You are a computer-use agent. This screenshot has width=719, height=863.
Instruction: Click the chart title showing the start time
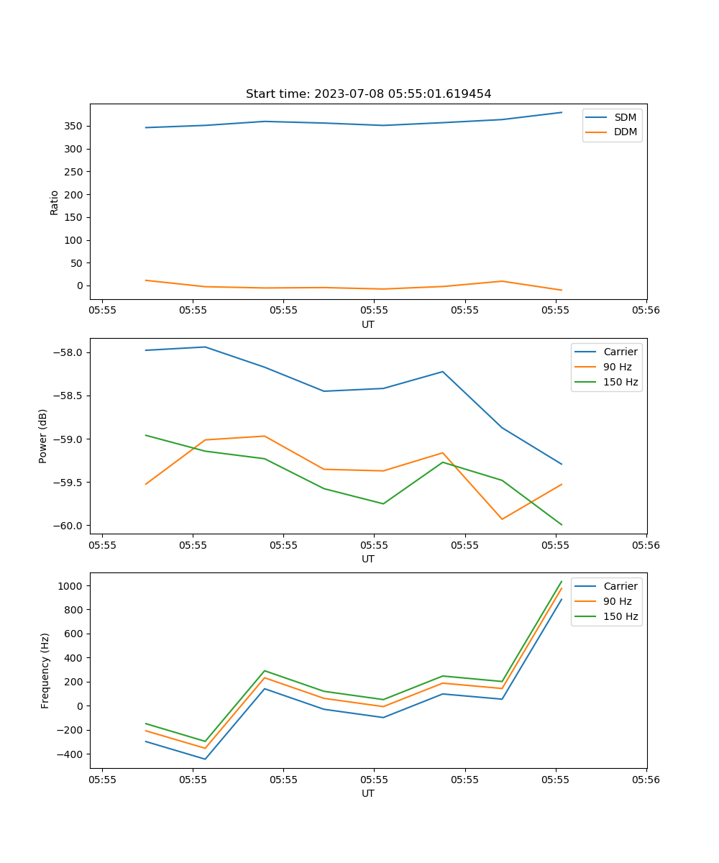click(368, 94)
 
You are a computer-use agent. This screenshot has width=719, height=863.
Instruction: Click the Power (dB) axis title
click(43, 436)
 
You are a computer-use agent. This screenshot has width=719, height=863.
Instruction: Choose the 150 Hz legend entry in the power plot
click(620, 382)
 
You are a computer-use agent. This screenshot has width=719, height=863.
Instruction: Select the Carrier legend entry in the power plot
click(620, 352)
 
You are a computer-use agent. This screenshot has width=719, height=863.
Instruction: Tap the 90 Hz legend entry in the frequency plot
click(618, 601)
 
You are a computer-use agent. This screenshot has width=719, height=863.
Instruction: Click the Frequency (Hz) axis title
click(45, 670)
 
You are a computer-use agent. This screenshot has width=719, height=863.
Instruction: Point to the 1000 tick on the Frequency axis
click(71, 586)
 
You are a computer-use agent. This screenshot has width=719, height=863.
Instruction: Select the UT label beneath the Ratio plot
click(368, 324)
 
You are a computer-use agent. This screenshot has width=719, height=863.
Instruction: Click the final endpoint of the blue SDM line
click(562, 112)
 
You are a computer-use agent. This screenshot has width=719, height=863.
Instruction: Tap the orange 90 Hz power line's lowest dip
click(502, 519)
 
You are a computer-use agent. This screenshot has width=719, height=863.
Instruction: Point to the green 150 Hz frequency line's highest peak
click(562, 581)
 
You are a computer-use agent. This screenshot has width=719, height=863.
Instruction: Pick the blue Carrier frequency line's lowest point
click(205, 759)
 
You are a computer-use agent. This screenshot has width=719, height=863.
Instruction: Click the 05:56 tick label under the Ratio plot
click(646, 311)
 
